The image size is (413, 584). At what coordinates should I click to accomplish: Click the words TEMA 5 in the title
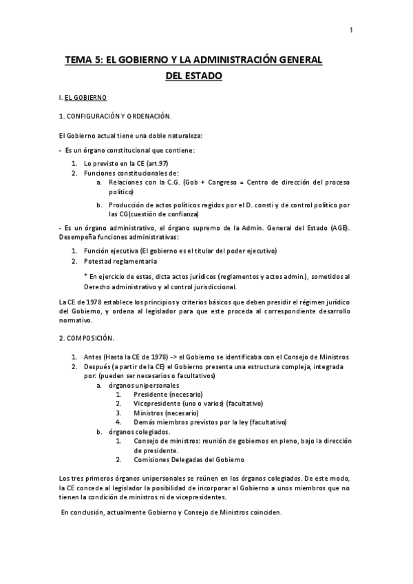[82, 61]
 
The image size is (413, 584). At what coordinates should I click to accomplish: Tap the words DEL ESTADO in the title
[194, 75]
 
